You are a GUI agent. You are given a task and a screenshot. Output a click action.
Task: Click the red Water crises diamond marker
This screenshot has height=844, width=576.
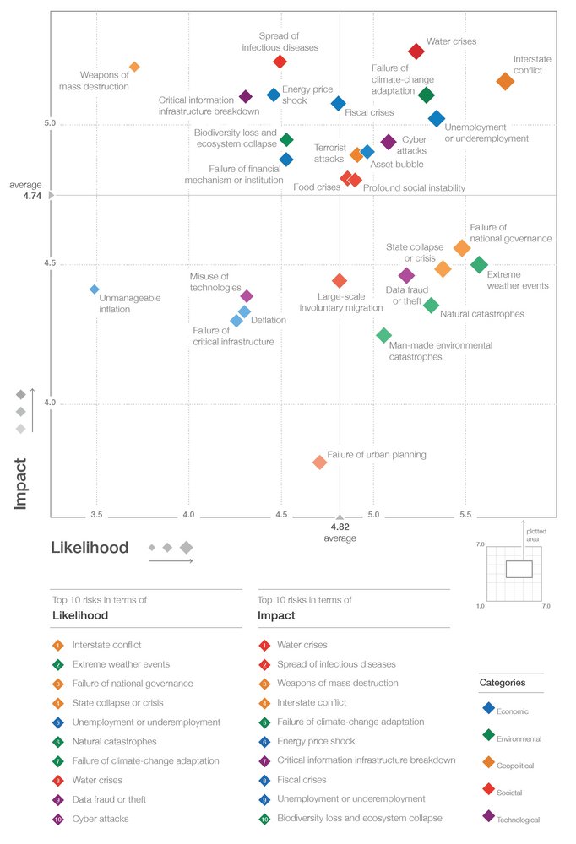coord(416,51)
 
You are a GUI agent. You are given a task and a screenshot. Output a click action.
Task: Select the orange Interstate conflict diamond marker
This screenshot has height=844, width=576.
coord(505,81)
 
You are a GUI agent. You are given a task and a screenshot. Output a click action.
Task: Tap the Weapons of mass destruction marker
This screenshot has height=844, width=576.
coord(134,67)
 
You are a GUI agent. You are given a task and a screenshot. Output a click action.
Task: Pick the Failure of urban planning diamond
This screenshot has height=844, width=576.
coord(319,462)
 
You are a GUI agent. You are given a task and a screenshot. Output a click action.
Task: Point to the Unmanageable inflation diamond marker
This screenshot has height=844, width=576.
coord(95,289)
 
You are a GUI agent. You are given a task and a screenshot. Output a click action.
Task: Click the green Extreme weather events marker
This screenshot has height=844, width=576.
coord(479,264)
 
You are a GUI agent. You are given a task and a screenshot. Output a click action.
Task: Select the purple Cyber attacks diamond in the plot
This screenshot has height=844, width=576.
coord(389,142)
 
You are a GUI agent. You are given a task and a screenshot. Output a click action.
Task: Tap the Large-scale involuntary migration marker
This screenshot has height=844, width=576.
coord(340,280)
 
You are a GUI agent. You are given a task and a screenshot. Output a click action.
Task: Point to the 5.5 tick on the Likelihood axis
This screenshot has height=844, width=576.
coord(465,513)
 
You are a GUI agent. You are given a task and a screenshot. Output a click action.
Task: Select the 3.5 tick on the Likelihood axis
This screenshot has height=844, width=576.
coord(96,513)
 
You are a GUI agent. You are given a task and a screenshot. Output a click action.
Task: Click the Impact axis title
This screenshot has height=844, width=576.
coord(21,483)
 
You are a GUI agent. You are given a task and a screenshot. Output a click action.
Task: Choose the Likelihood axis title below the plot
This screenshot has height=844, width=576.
coord(90,548)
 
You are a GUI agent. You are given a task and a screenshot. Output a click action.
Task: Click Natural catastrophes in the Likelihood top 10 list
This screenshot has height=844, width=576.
coord(114,741)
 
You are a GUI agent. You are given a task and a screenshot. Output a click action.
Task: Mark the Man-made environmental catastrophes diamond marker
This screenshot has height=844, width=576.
coord(383,335)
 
